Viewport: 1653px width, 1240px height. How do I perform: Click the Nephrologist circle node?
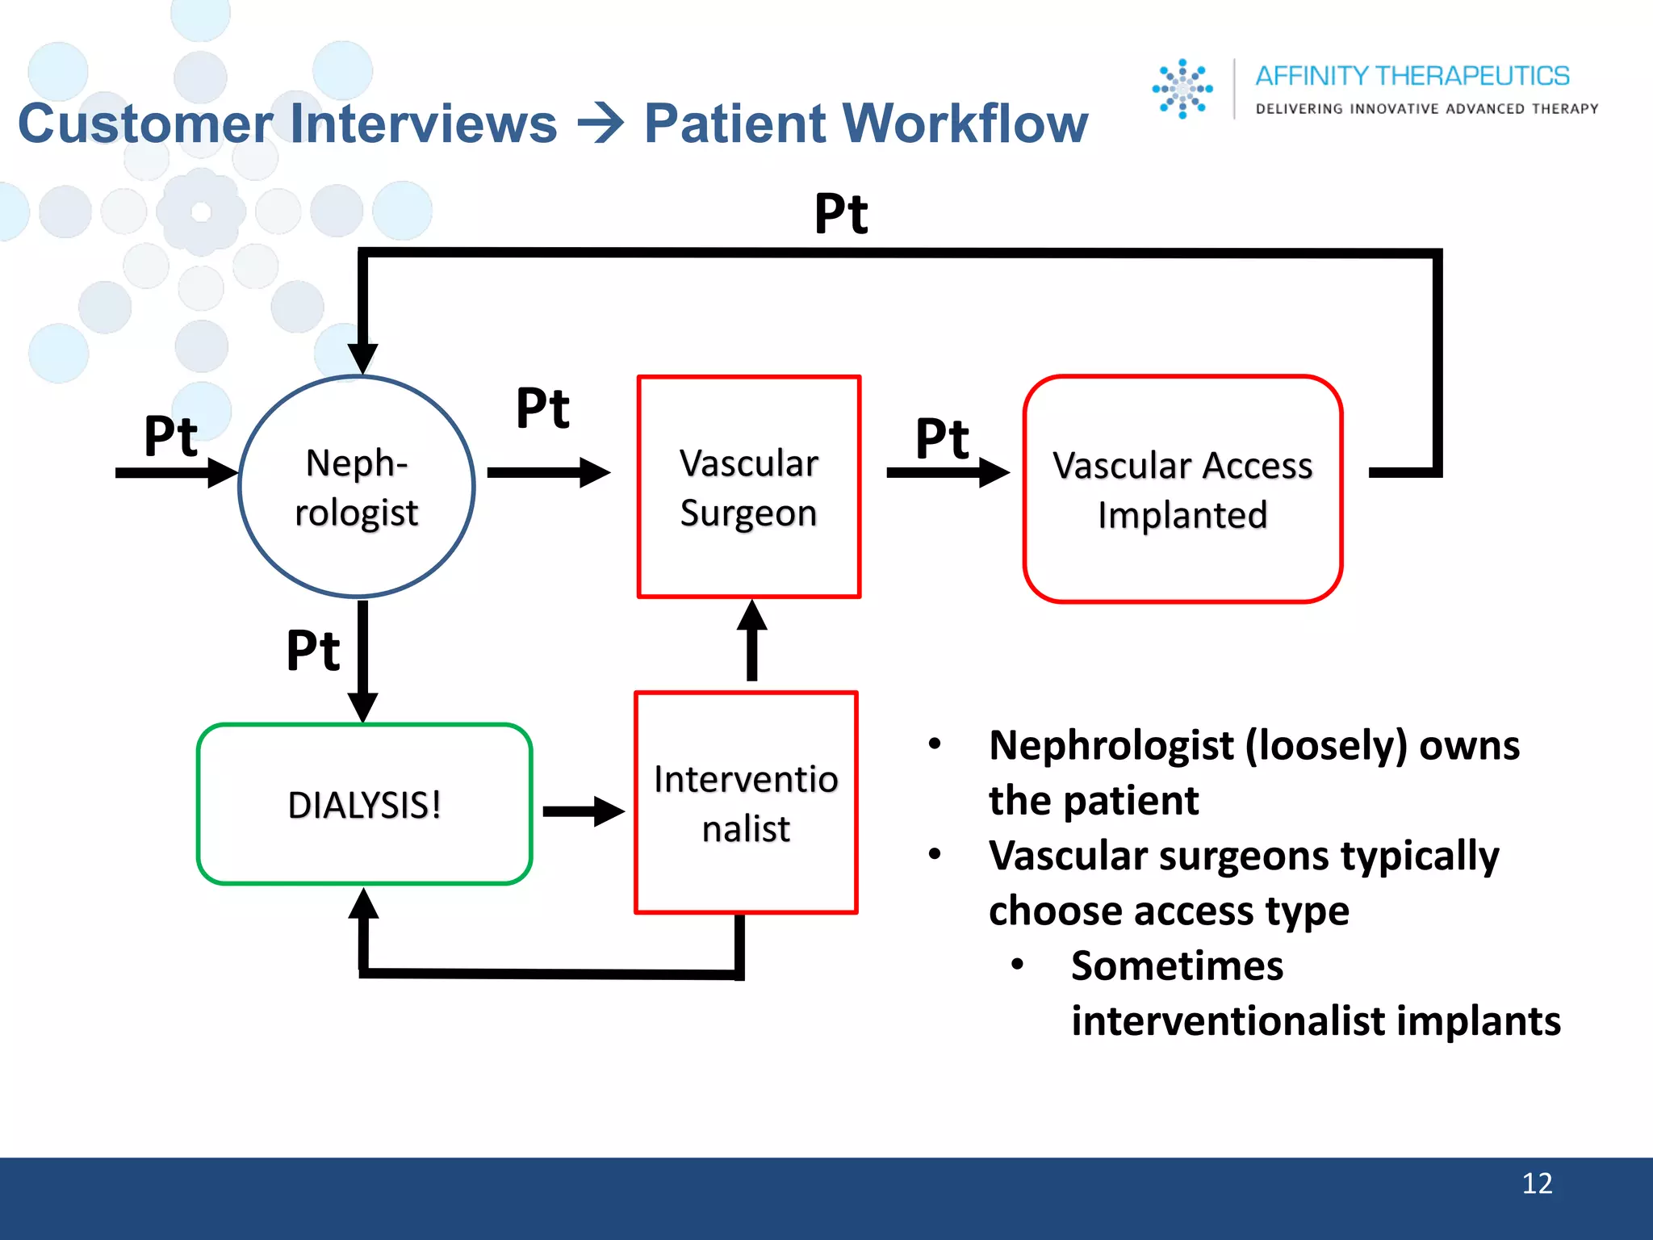357,487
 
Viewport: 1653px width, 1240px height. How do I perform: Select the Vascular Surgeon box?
749,487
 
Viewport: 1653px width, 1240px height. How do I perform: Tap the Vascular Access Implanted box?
1182,489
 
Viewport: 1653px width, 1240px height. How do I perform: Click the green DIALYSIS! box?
364,804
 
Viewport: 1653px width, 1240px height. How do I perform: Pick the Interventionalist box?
746,802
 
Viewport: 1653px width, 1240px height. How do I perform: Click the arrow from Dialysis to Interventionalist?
583,811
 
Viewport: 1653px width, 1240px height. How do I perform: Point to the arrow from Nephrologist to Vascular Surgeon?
548,472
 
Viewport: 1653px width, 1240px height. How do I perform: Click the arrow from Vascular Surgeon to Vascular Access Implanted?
947,472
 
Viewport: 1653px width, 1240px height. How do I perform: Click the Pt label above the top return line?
841,214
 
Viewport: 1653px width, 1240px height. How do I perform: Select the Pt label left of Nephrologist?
170,437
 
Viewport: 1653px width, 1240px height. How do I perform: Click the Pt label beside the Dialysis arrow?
313,651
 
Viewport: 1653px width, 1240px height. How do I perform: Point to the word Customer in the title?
145,124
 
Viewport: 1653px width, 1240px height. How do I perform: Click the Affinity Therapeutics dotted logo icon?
1182,89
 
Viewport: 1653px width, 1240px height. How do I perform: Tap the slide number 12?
1536,1183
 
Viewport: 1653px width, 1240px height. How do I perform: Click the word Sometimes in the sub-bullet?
1177,966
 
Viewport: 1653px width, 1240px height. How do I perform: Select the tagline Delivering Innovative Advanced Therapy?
1426,109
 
